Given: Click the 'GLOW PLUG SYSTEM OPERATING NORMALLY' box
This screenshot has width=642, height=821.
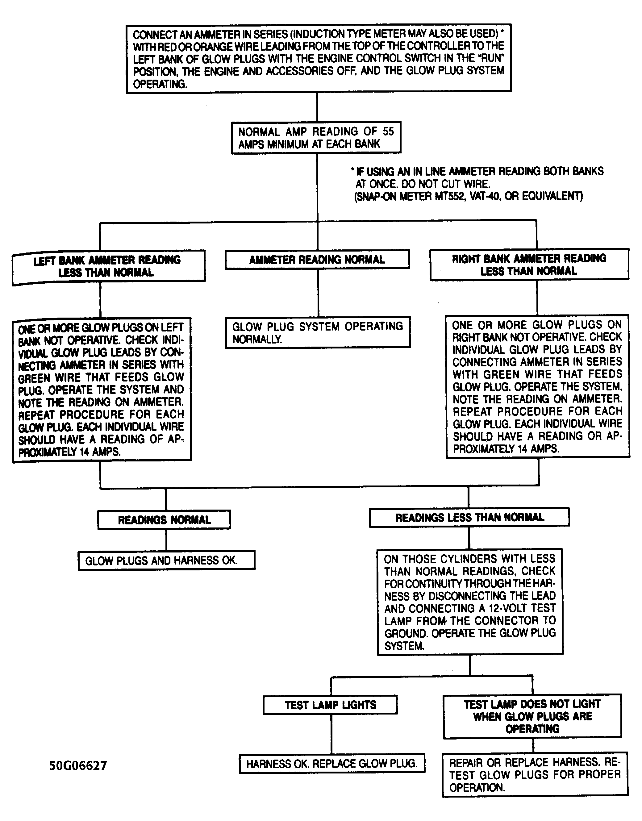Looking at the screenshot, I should point(318,332).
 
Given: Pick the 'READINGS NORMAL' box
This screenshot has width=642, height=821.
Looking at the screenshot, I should point(164,520).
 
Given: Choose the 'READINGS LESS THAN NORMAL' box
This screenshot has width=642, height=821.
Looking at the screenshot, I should point(469,518).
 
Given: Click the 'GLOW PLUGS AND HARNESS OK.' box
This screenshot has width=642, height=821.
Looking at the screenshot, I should point(166,561).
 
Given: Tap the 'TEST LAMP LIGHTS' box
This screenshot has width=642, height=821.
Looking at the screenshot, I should point(330,705).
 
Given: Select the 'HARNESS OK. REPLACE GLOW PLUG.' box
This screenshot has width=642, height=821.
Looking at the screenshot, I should point(332,764).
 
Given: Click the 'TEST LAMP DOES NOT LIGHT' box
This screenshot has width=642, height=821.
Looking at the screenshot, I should point(532,716).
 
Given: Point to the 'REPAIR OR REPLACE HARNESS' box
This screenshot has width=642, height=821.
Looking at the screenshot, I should point(535,774).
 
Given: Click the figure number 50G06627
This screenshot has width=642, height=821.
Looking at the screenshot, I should point(78,766).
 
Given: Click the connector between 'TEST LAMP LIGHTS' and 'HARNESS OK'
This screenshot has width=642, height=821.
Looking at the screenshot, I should point(331,734).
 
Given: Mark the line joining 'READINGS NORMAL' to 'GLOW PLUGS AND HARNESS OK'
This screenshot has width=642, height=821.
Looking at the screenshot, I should point(166,540).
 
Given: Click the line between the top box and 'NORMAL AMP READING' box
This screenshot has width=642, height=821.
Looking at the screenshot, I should point(317,107).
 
